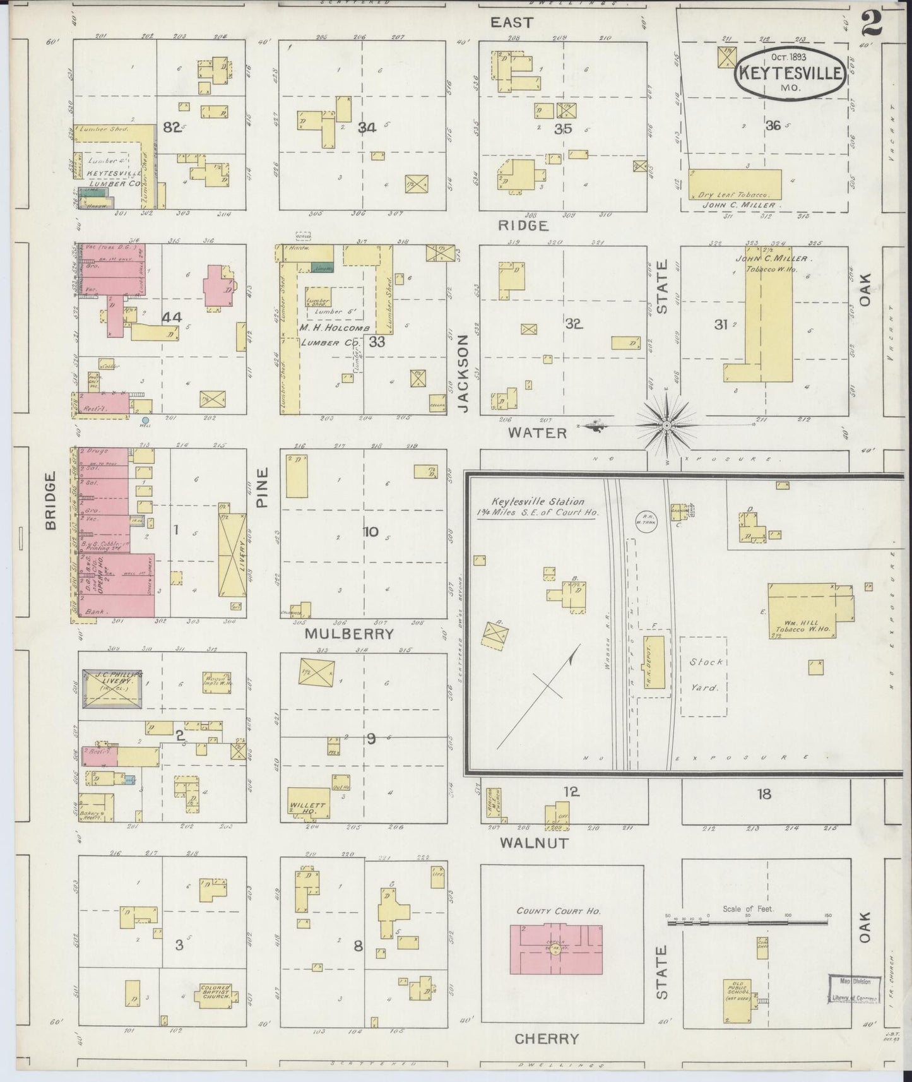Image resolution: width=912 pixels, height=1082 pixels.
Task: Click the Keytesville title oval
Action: pyautogui.click(x=790, y=73)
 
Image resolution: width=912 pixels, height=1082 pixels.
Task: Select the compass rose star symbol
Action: pyautogui.click(x=666, y=426)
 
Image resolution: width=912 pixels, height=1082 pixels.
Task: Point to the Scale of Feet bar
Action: pyautogui.click(x=747, y=923)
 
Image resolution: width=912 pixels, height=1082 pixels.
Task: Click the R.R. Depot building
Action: pyautogui.click(x=654, y=662)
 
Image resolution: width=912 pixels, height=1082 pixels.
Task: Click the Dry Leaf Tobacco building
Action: pyautogui.click(x=735, y=184)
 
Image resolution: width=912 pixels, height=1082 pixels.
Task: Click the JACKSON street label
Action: pyautogui.click(x=464, y=373)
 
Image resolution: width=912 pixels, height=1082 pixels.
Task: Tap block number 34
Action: pyautogui.click(x=367, y=128)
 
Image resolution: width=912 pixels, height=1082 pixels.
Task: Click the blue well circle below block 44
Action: pyautogui.click(x=145, y=420)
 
